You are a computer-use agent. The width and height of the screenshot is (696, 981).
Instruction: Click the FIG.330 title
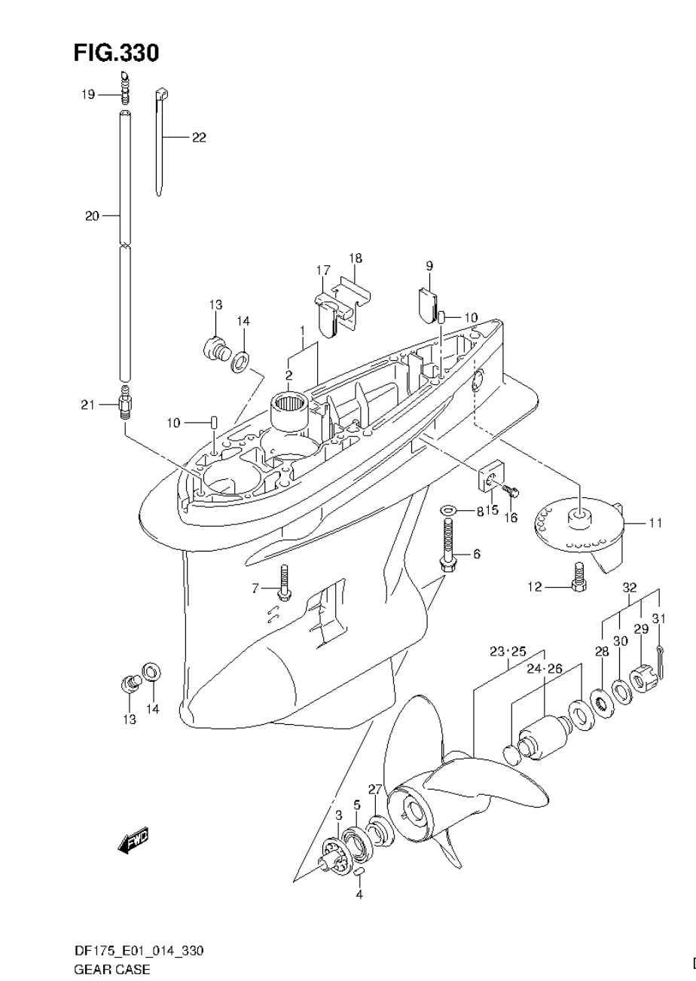point(116,53)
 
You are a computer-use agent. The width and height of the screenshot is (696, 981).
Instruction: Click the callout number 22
point(198,137)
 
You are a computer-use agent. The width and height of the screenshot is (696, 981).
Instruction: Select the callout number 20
point(92,216)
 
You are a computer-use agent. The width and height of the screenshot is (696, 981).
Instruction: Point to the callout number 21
point(88,405)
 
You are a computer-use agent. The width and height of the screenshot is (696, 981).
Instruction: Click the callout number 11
point(655,522)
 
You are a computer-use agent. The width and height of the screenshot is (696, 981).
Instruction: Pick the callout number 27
point(375,789)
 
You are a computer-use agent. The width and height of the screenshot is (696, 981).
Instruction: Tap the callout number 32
point(630,587)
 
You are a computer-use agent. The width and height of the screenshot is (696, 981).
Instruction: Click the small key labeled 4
point(359,872)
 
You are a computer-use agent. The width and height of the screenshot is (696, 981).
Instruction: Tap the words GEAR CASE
point(111,969)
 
